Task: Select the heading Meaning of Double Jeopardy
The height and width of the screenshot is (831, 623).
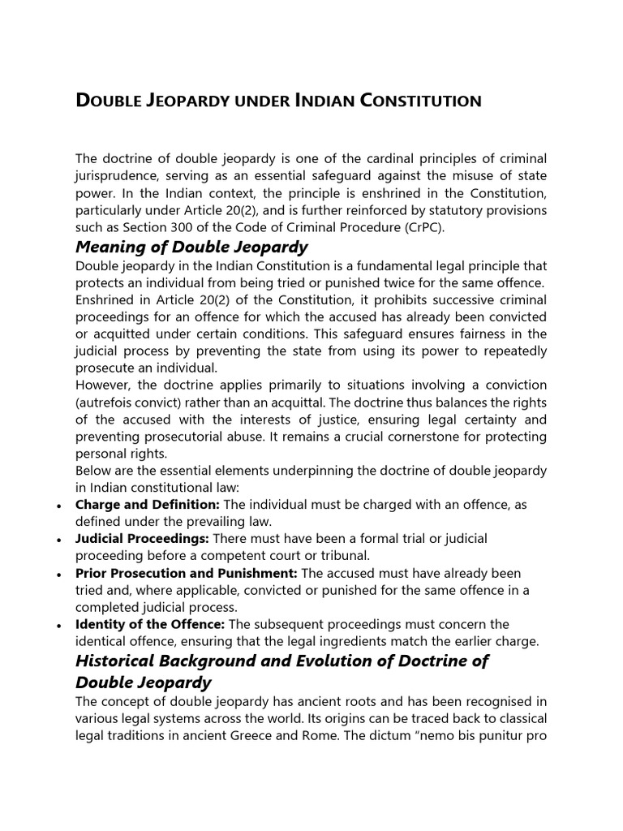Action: [191, 247]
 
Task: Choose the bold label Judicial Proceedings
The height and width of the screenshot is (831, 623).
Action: [143, 539]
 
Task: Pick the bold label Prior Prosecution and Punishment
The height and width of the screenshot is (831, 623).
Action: [187, 573]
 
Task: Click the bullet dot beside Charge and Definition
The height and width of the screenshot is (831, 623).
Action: [61, 506]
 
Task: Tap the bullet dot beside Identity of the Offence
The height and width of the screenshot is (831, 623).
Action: [61, 625]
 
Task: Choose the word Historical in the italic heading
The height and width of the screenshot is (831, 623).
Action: [119, 661]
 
